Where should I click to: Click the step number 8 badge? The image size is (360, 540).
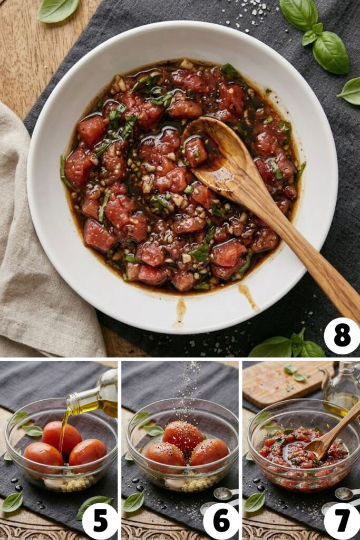tap(342, 336)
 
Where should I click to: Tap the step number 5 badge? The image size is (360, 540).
tap(100, 521)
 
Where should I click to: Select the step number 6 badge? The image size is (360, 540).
tap(221, 521)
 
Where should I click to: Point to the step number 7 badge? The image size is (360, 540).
tap(342, 521)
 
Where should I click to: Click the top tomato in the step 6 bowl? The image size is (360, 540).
tap(182, 436)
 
